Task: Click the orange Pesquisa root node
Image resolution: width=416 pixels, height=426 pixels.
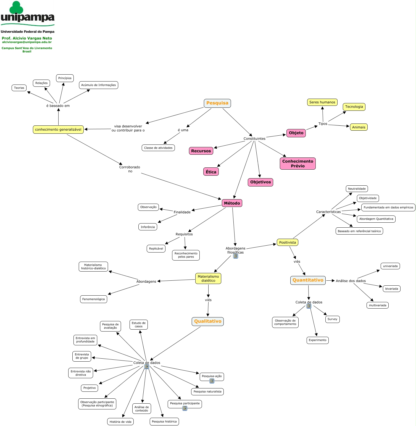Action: point(217,103)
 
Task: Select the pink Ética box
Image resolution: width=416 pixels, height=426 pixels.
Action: point(211,172)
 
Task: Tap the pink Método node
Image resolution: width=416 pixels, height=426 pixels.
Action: point(232,203)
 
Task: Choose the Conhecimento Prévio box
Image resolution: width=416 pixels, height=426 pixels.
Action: point(297,164)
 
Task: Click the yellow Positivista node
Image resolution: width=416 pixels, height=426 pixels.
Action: point(287,242)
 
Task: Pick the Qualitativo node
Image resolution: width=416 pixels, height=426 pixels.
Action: point(207,321)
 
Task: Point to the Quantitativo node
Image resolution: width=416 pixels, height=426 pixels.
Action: point(308,280)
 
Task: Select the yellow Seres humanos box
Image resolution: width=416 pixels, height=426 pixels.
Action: point(322,102)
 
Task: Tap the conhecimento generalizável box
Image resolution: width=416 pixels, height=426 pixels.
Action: point(58,130)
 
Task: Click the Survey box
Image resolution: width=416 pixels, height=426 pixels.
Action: point(332,319)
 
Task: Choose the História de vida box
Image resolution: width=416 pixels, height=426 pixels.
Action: point(120,422)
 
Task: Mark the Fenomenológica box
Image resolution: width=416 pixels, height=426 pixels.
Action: point(93,299)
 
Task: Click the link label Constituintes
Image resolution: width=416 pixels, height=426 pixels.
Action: point(254,139)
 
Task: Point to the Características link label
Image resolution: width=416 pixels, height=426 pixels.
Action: point(328,212)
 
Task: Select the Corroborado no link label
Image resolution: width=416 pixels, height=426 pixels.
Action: point(130,169)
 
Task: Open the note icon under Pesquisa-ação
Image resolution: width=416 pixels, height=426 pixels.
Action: point(212,381)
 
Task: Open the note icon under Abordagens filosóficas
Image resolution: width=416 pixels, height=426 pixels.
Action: point(235,256)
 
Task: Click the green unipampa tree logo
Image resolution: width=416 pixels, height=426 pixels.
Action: point(17,7)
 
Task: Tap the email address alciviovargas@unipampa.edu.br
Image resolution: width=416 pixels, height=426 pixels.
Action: point(27,42)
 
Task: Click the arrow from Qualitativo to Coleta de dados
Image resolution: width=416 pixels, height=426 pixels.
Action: point(175,343)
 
